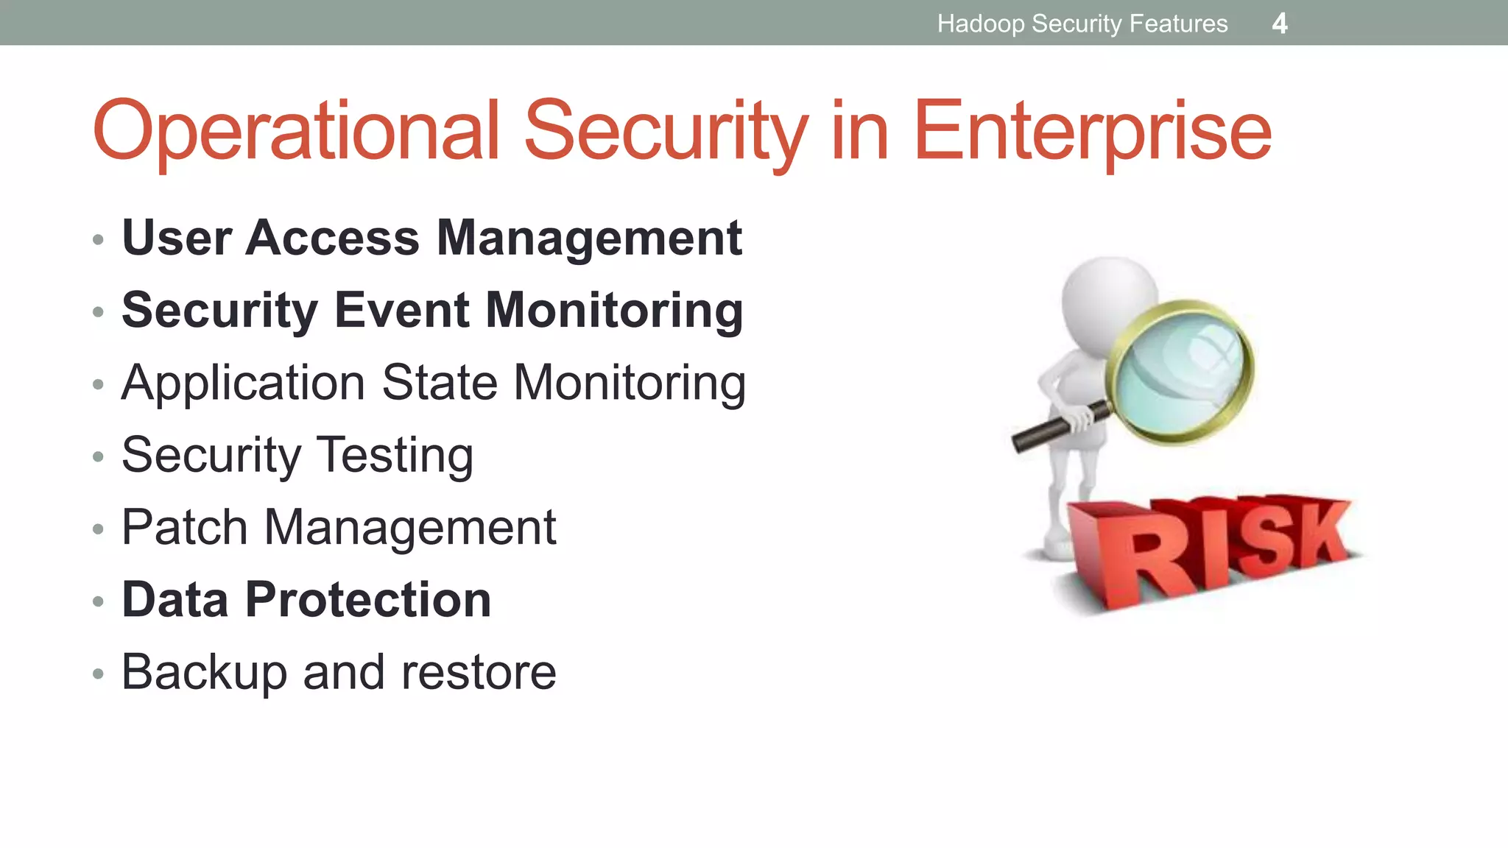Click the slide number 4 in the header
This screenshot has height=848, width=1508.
point(1280,24)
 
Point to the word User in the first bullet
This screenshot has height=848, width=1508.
point(177,238)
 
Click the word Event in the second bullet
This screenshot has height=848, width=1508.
point(401,310)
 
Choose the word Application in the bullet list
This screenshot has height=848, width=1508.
point(243,384)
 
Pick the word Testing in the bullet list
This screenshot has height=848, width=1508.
point(394,456)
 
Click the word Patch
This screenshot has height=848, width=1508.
point(184,527)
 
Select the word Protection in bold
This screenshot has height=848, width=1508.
point(368,599)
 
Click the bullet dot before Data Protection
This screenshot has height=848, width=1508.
point(98,602)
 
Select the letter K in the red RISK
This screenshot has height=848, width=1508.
point(1318,534)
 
